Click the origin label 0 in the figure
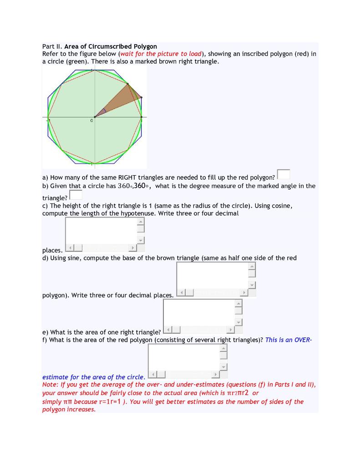[91, 121]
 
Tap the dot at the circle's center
[95, 117]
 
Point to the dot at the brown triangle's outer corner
[141, 97]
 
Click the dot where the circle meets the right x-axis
[142, 117]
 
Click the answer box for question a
[283, 174]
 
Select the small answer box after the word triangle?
[76, 195]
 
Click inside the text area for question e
[198, 312]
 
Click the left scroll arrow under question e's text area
[167, 330]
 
